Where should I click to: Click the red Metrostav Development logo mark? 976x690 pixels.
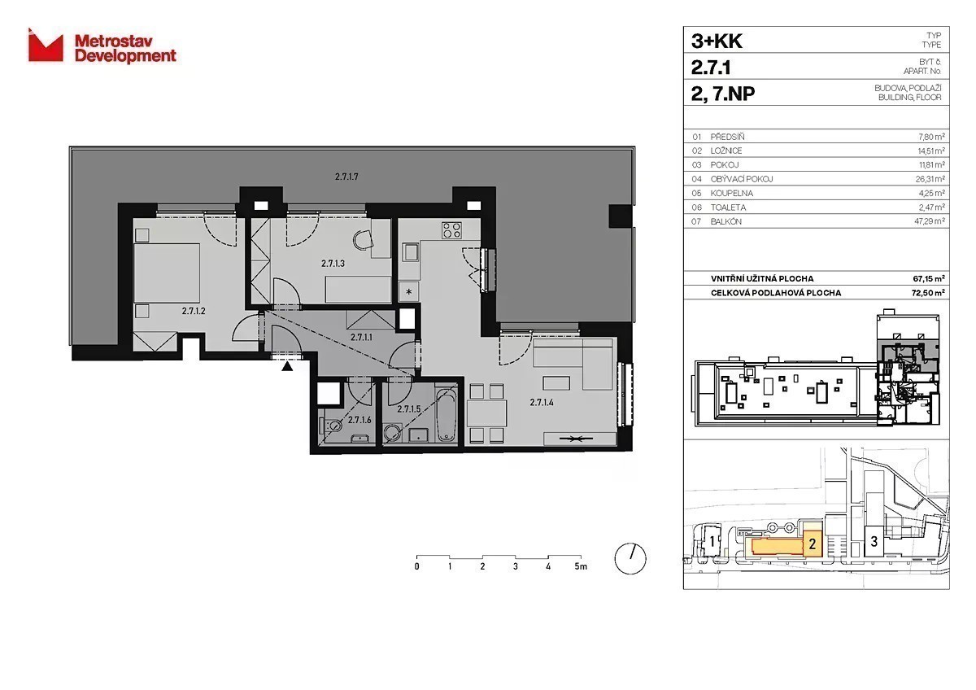tap(46, 46)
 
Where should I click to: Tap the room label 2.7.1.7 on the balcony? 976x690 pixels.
tap(346, 177)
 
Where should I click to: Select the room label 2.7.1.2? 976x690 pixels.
tap(194, 311)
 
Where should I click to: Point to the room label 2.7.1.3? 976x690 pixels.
tap(333, 264)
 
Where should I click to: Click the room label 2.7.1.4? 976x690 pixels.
tap(542, 402)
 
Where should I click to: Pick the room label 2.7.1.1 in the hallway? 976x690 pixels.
tap(362, 337)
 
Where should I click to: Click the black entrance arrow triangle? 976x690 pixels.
tap(286, 366)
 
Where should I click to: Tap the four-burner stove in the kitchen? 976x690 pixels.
tap(451, 230)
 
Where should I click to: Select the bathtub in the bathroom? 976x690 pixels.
tap(447, 414)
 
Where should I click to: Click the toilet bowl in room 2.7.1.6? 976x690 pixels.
tap(332, 425)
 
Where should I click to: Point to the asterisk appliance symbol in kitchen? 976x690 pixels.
tap(408, 291)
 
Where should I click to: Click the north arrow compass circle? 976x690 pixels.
tap(630, 559)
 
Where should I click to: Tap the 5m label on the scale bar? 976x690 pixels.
tap(581, 566)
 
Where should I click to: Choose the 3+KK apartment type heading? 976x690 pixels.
tap(717, 41)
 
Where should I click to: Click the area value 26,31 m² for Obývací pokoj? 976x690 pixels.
tap(930, 179)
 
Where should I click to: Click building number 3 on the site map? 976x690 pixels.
tap(874, 541)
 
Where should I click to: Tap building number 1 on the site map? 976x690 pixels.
tap(712, 542)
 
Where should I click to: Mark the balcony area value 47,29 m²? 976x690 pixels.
tap(930, 221)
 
